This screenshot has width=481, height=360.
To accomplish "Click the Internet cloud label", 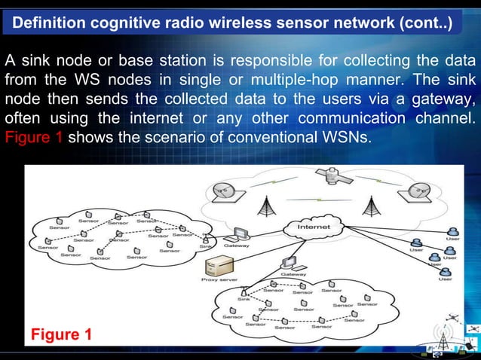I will click(313, 226).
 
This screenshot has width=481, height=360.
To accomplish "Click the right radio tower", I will click(370, 205).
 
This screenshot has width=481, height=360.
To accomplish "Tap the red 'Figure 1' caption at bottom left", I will click(61, 334).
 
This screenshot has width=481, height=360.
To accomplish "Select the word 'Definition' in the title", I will click(49, 23).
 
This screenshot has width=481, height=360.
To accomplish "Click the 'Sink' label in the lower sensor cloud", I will click(243, 298).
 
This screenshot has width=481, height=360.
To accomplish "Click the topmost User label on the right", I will click(452, 239).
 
